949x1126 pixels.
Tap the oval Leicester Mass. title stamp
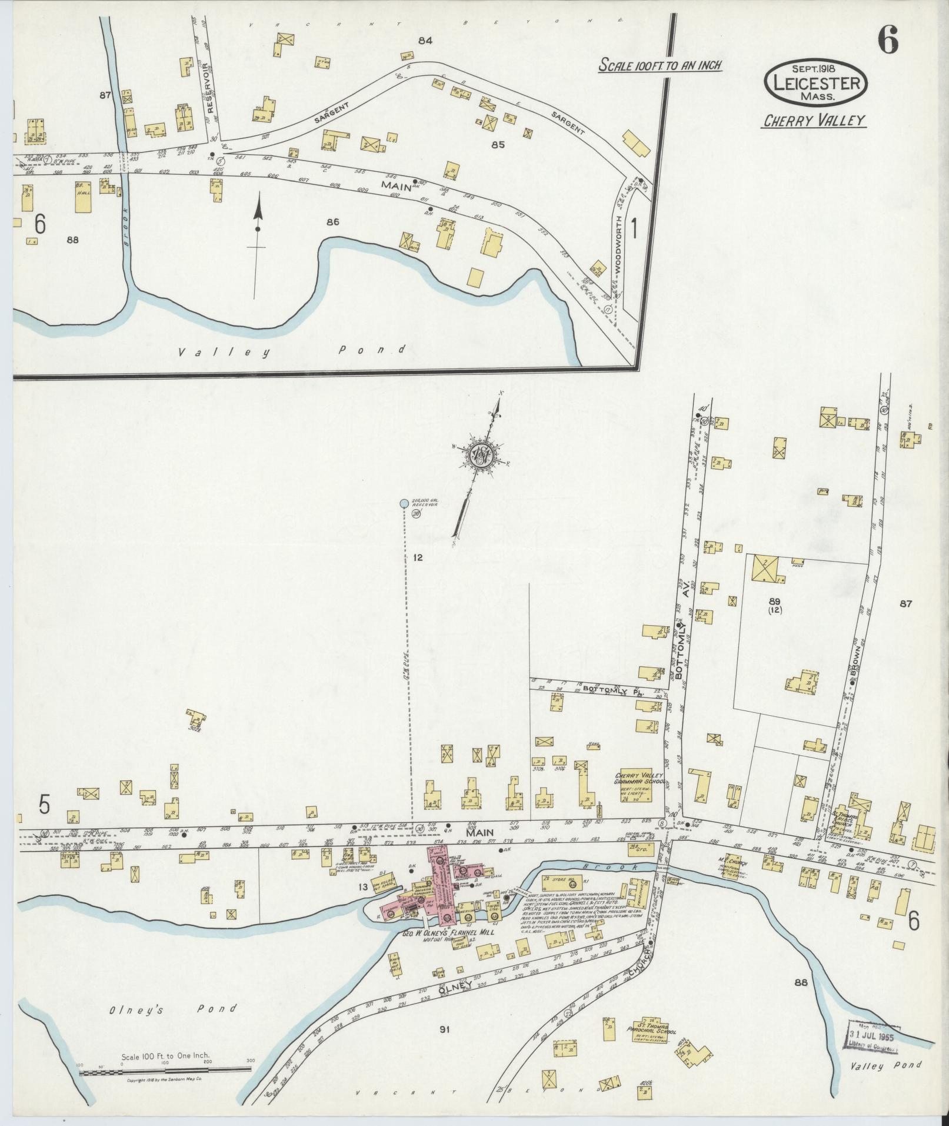815,82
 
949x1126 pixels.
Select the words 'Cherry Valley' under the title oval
815,121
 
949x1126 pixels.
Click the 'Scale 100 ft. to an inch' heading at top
660,65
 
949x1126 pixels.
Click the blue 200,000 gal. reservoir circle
404,503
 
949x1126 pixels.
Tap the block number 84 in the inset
425,41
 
